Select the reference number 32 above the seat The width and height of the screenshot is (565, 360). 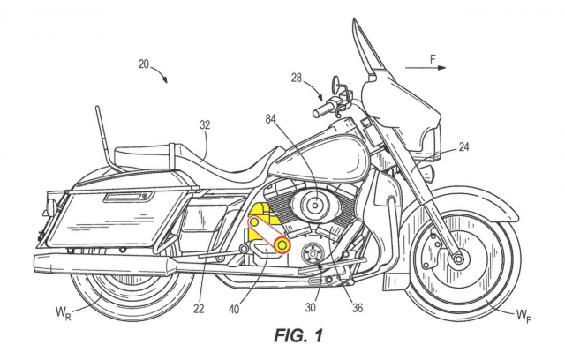pyautogui.click(x=204, y=126)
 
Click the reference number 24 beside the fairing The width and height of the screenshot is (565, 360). pyautogui.click(x=463, y=150)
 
